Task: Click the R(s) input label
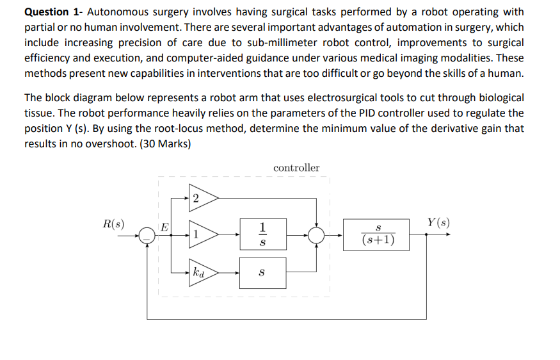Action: pyautogui.click(x=113, y=224)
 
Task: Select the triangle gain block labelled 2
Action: pyautogui.click(x=202, y=198)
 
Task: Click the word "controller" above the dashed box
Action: pyautogui.click(x=296, y=168)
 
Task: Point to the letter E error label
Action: pyautogui.click(x=164, y=226)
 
